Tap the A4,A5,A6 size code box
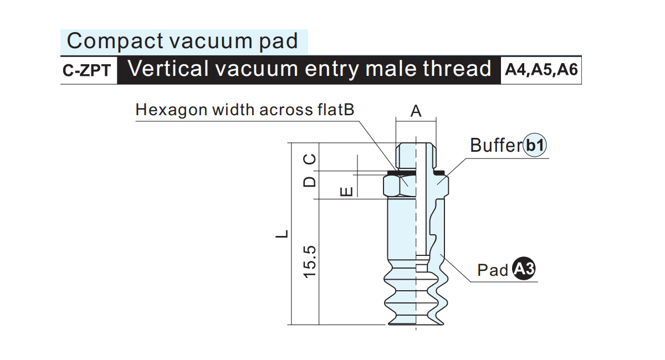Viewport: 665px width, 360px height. click(541, 70)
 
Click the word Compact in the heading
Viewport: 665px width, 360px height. click(115, 41)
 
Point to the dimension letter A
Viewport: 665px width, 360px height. click(416, 111)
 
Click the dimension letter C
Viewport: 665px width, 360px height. click(310, 160)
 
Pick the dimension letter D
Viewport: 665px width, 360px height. click(310, 182)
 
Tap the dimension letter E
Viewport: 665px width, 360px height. click(346, 192)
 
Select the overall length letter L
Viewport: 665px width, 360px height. click(282, 234)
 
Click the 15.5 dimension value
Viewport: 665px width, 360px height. click(310, 262)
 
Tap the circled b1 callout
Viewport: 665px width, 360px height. click(535, 145)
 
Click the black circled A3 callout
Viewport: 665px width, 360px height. click(524, 269)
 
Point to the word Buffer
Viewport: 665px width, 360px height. click(496, 145)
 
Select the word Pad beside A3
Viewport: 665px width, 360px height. click(493, 270)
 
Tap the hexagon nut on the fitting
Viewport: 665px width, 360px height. click(416, 186)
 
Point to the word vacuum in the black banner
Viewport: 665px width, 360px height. click(257, 69)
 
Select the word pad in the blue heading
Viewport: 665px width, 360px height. click(278, 42)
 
